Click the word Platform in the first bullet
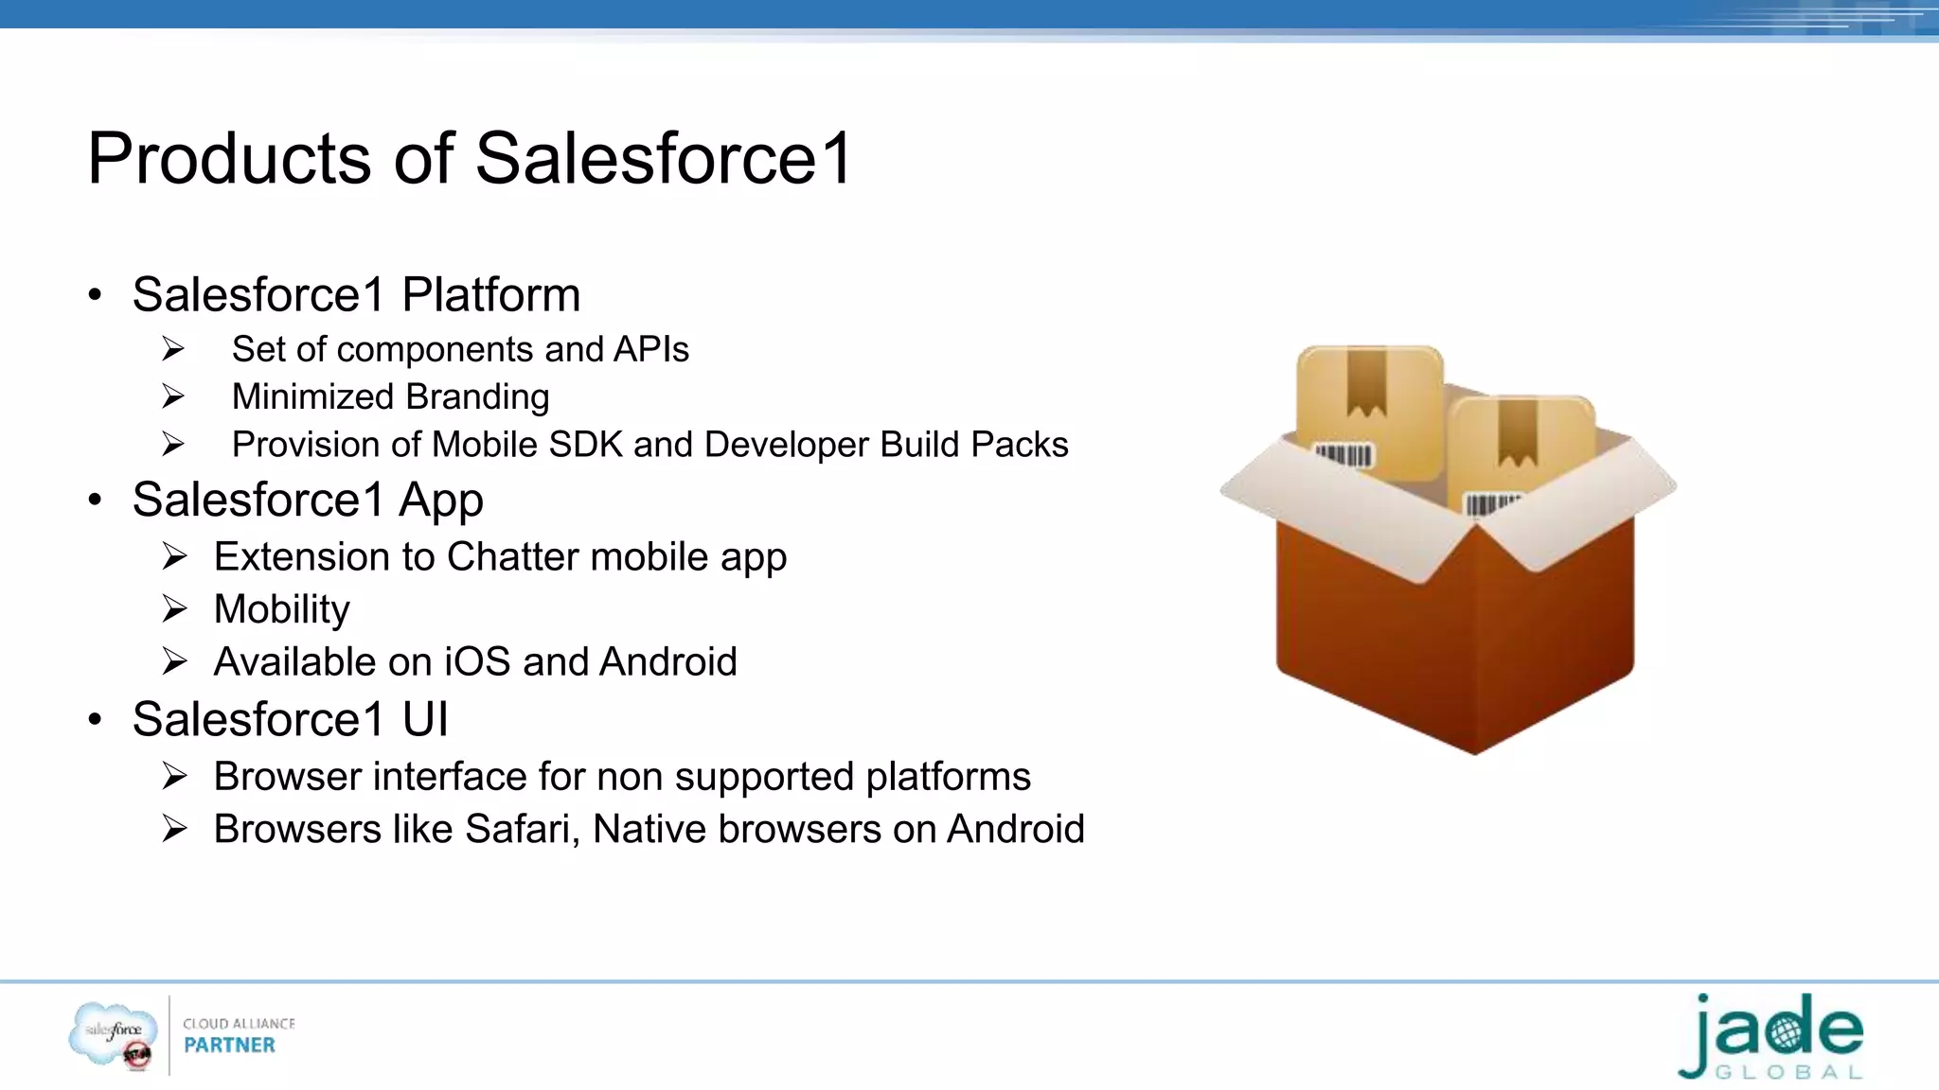(x=490, y=295)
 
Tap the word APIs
(x=651, y=350)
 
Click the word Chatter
(x=513, y=557)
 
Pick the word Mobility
(x=282, y=609)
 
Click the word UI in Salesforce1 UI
(x=425, y=720)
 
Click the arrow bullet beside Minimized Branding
(x=173, y=396)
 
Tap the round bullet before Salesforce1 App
(x=95, y=501)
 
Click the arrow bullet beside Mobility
(x=174, y=608)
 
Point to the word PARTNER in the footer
(x=229, y=1046)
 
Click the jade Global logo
(x=1770, y=1038)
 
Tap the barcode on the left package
(x=1343, y=456)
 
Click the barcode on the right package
(x=1492, y=502)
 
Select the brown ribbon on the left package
(x=1366, y=382)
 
